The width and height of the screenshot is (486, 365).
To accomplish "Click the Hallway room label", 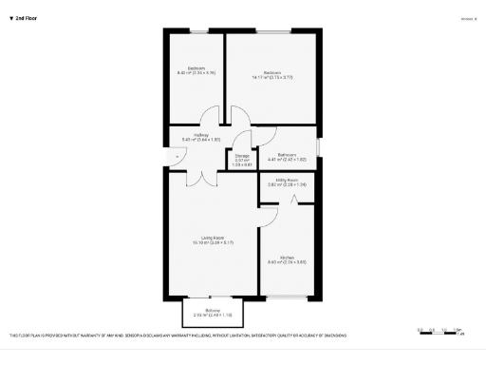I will [x=200, y=138].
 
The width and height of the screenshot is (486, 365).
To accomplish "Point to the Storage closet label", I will [x=242, y=160].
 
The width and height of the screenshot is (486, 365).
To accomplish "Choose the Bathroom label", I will [x=287, y=157].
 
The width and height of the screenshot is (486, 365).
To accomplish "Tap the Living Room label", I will [x=212, y=240].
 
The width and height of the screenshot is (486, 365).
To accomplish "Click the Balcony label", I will [x=213, y=313].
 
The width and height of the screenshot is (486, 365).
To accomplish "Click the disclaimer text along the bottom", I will [x=178, y=336].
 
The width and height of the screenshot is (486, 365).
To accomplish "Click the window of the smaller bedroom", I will [x=196, y=32].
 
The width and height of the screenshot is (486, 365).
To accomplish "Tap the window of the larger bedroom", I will [x=271, y=32].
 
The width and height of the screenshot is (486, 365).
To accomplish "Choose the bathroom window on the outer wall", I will [x=318, y=148].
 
